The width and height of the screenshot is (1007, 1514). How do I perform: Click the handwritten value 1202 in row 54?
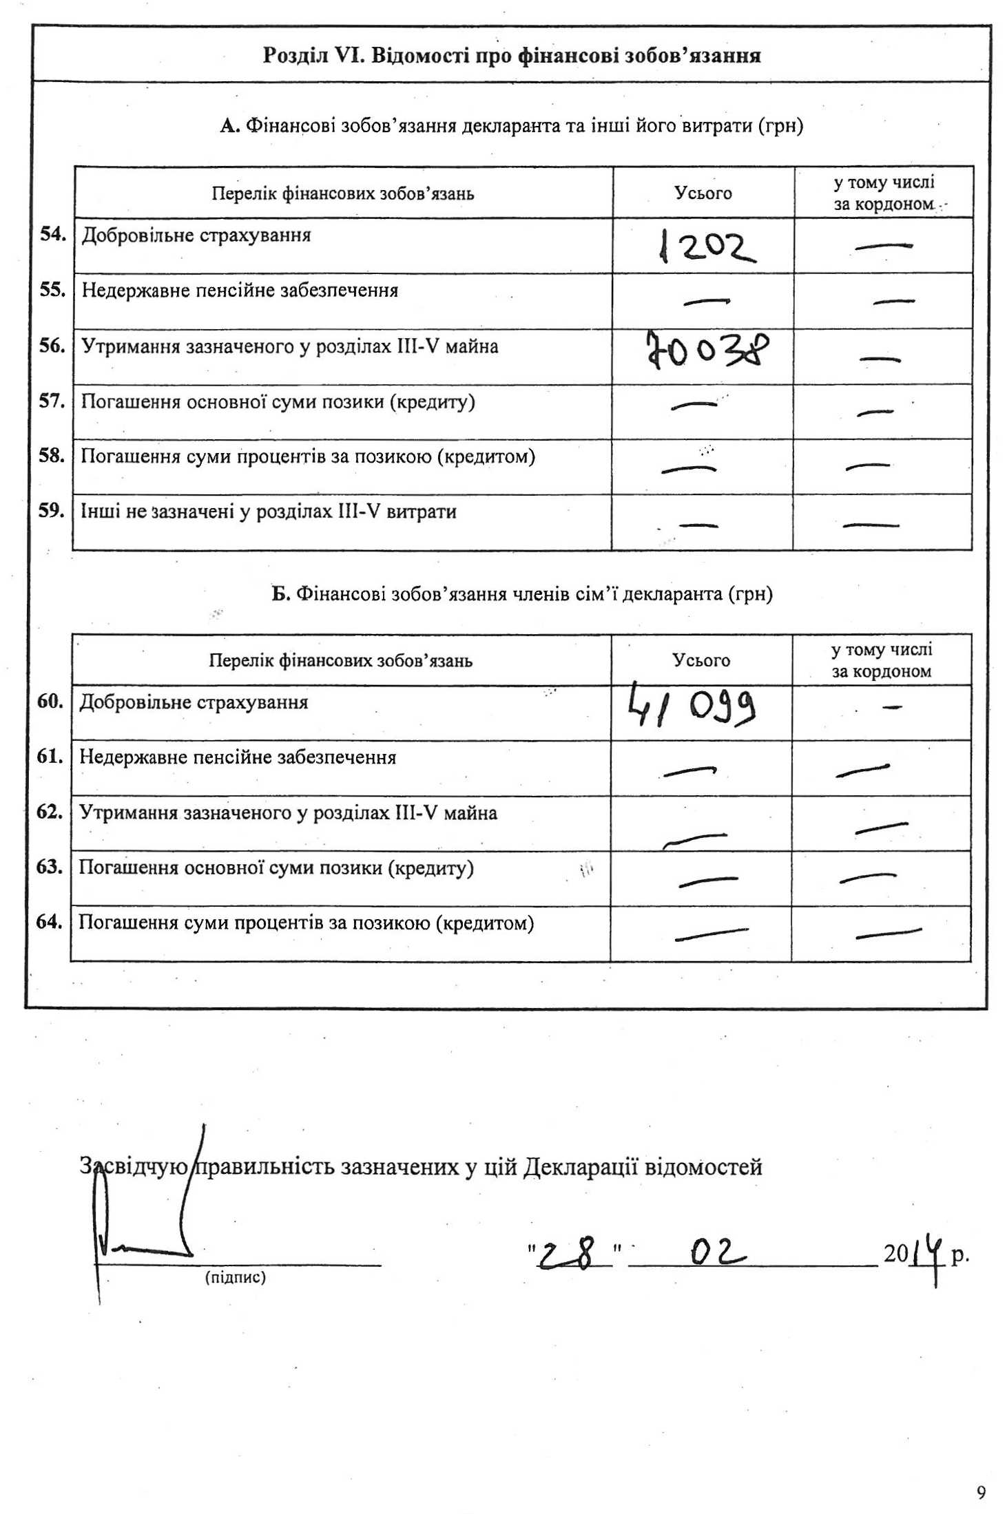[706, 246]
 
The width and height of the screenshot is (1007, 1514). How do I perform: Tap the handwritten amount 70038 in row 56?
[706, 350]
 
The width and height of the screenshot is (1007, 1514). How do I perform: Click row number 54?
[53, 234]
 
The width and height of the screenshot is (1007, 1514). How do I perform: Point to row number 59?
[52, 511]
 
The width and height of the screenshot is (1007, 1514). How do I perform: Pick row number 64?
[50, 922]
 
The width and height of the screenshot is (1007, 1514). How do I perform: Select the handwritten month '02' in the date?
[717, 1252]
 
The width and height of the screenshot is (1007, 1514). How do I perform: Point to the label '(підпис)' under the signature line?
[235, 1278]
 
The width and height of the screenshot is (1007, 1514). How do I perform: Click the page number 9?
[981, 1493]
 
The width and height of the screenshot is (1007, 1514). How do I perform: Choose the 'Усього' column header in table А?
[703, 193]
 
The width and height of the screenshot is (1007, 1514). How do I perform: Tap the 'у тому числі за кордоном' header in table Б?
[881, 661]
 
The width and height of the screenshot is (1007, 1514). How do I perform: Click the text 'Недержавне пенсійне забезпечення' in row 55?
[240, 291]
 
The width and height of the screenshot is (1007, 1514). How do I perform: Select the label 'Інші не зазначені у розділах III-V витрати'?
[269, 512]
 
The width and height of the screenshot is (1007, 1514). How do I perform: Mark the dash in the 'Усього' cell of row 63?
[707, 880]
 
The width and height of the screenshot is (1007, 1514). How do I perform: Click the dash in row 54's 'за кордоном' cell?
[883, 246]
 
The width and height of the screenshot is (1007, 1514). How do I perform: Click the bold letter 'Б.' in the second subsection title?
[280, 594]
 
